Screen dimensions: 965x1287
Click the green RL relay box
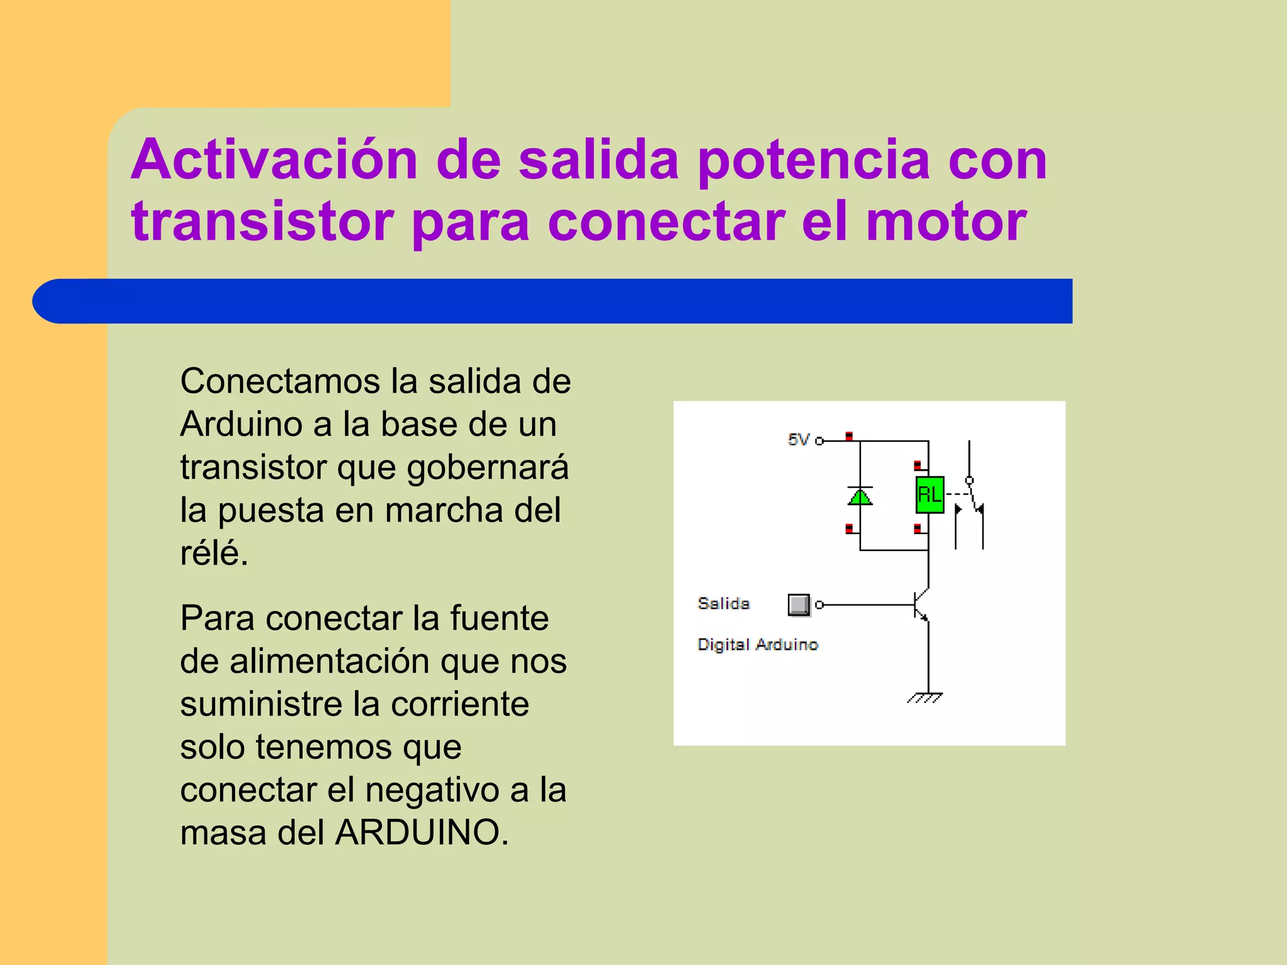[x=929, y=495]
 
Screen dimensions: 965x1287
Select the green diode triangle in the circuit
[x=860, y=497]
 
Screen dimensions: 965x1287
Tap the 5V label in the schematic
[x=799, y=439]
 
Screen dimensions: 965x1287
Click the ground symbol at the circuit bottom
[x=925, y=697]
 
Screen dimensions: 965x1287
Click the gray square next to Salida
[x=798, y=604]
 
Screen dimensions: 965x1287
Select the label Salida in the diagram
[x=723, y=604]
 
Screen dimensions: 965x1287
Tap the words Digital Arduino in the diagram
[x=758, y=645]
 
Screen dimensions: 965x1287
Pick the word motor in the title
[x=946, y=221]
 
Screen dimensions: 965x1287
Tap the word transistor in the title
[x=262, y=221]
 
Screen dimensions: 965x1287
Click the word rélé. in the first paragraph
[x=214, y=553]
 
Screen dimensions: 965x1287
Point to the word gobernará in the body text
[x=488, y=467]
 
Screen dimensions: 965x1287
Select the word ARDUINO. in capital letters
[x=422, y=832]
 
